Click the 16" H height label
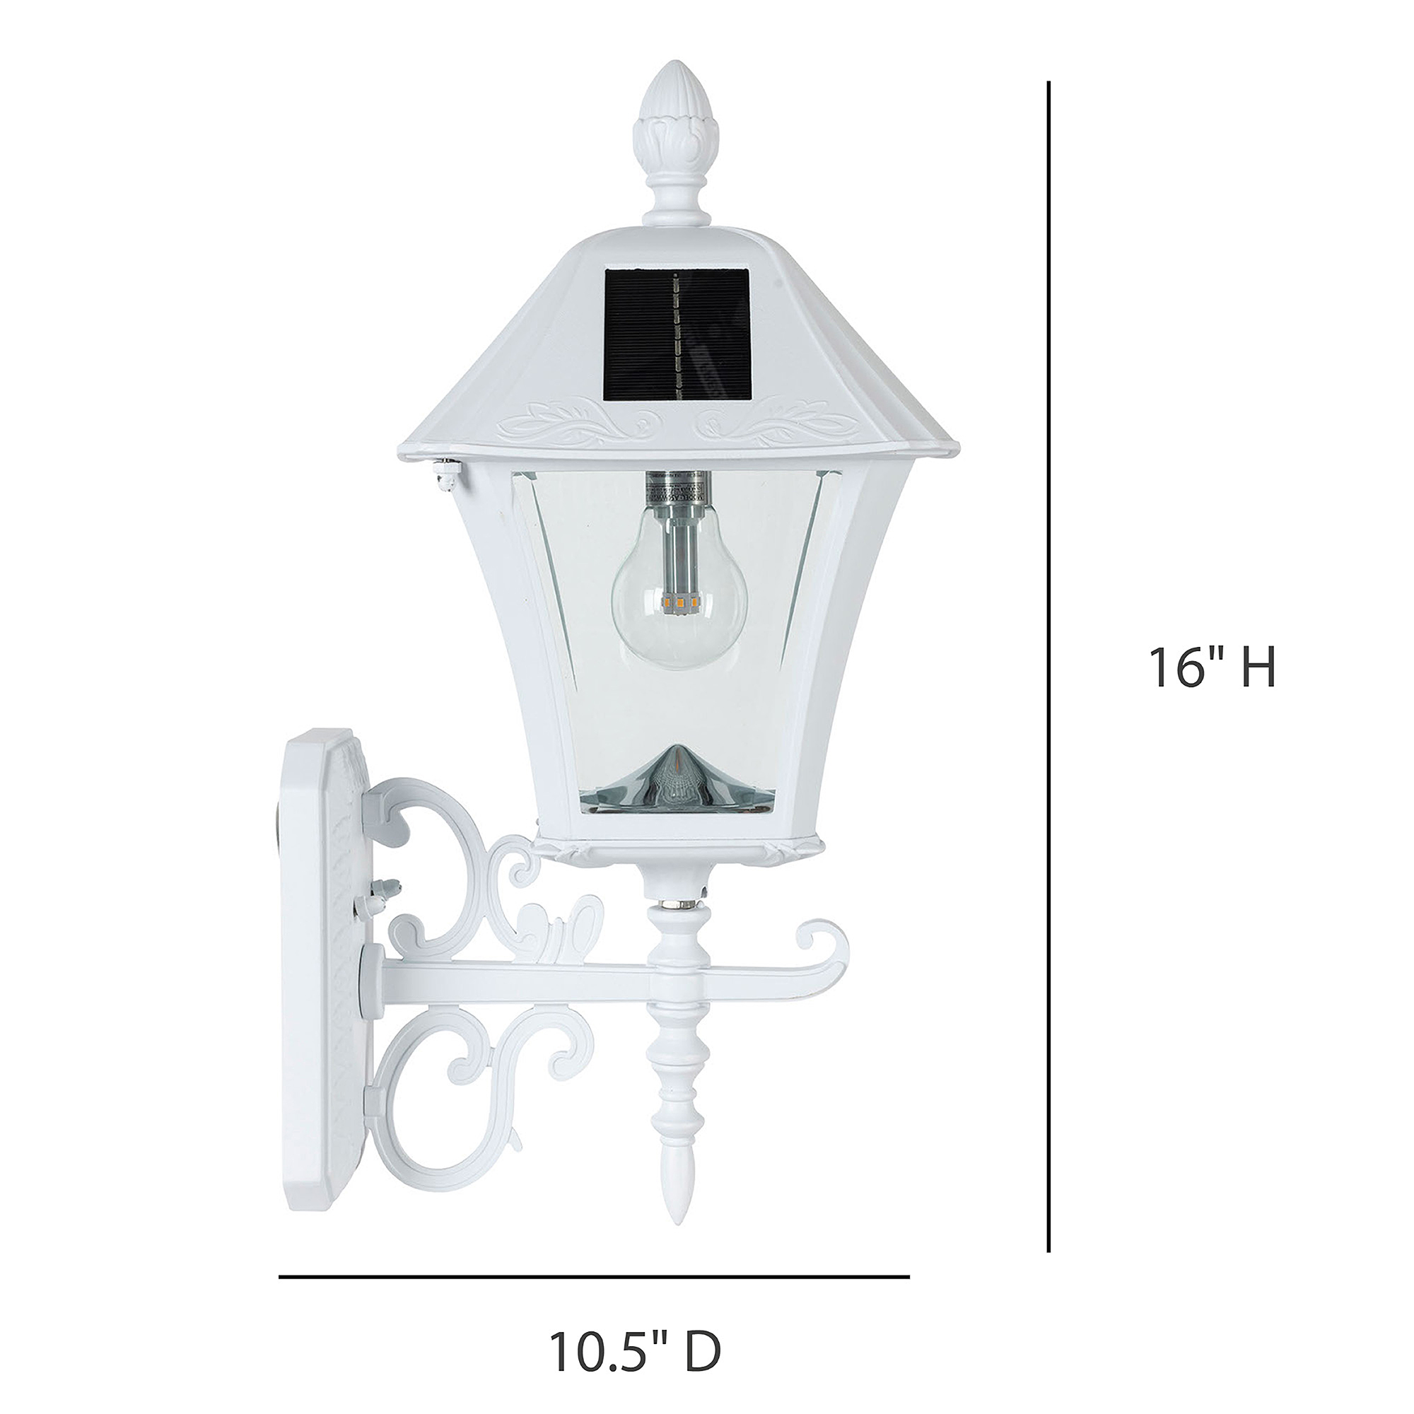coord(1213,667)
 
